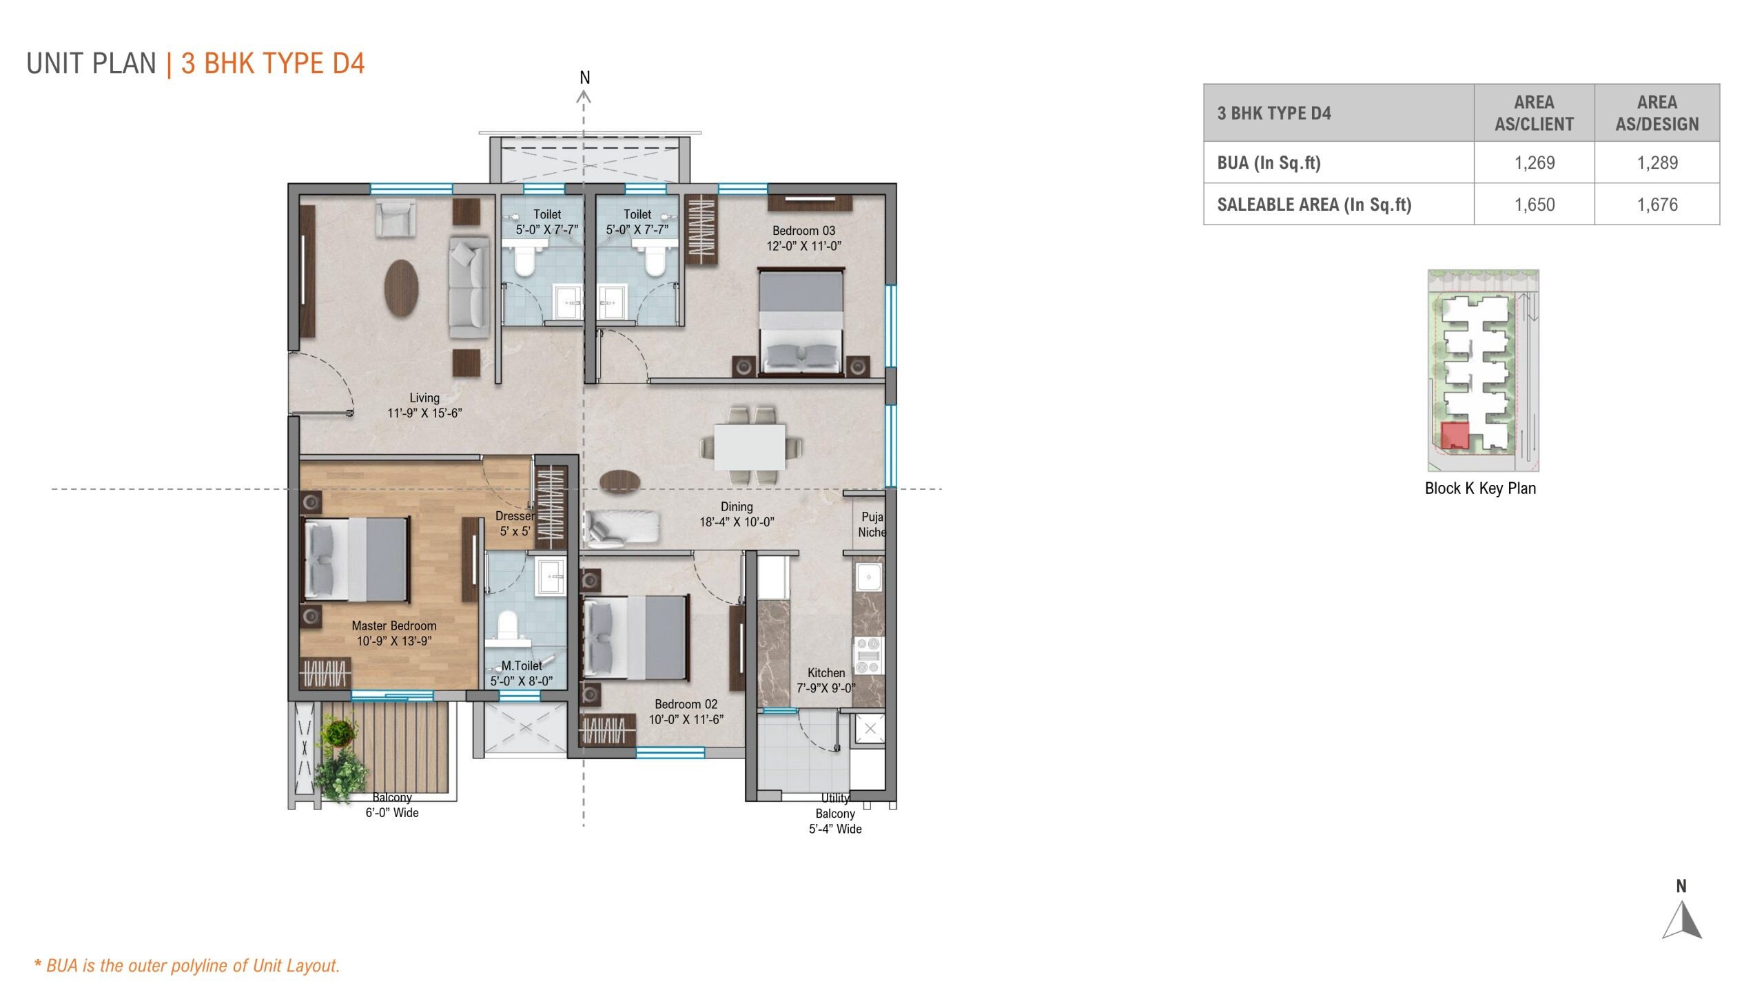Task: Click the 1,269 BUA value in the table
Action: tap(1534, 163)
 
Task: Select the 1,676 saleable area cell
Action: tap(1657, 205)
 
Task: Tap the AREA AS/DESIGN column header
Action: tap(1657, 113)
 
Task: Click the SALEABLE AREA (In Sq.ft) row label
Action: tap(1313, 205)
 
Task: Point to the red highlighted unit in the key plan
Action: tap(1455, 435)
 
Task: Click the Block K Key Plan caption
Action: tap(1480, 488)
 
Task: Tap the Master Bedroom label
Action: tap(393, 626)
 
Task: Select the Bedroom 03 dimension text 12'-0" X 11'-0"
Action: tap(803, 246)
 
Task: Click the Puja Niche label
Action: tap(871, 524)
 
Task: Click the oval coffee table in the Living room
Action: tap(401, 287)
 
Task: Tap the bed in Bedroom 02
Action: tap(635, 637)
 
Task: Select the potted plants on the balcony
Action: tap(340, 761)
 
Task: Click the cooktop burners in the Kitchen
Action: tap(868, 656)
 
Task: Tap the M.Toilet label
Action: tap(521, 666)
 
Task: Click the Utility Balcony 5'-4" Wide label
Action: tap(835, 814)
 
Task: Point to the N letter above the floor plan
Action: tap(584, 78)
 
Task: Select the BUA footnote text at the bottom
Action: tap(187, 965)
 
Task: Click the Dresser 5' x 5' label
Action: tap(515, 524)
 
